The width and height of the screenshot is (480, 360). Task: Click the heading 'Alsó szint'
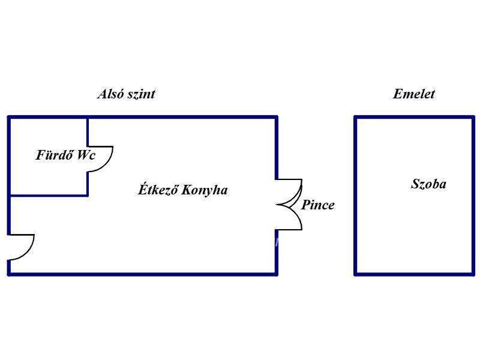[x=126, y=94]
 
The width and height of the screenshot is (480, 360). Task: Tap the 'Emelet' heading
[x=413, y=94]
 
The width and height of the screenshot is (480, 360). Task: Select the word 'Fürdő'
[x=55, y=155]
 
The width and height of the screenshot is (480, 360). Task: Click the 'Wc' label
[x=86, y=155]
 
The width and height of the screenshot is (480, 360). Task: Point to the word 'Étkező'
[x=158, y=190]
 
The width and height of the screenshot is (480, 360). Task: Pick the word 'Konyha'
[x=205, y=190]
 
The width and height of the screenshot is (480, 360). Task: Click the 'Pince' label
[x=317, y=205]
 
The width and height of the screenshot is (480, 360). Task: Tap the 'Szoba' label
[x=428, y=184]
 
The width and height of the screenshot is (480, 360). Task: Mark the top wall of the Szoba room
[x=415, y=117]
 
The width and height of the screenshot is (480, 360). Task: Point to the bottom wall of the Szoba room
[x=415, y=274]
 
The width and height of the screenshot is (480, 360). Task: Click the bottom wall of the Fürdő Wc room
[x=49, y=195]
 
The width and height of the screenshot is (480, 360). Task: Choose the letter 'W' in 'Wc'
[x=83, y=155]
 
